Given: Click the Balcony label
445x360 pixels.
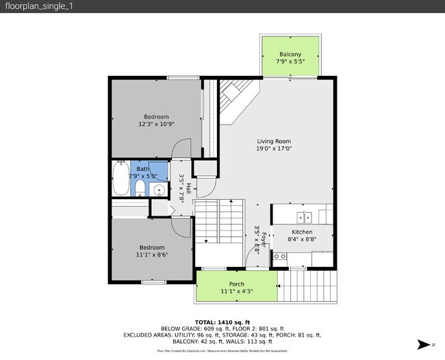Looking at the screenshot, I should [x=290, y=54].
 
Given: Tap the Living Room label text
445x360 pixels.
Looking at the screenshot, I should [x=274, y=142].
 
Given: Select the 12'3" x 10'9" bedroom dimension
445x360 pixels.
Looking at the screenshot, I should [x=156, y=125].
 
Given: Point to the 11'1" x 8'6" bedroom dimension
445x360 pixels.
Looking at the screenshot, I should [x=152, y=255].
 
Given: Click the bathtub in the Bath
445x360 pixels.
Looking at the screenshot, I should [x=120, y=179].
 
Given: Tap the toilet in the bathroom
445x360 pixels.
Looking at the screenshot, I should [x=140, y=188].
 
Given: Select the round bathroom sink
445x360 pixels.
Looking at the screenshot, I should [x=158, y=190].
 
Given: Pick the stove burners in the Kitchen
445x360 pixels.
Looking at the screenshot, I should [x=281, y=257].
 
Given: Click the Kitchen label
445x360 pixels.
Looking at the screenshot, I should [x=302, y=232].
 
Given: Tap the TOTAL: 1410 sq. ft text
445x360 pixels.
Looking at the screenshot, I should [x=222, y=322].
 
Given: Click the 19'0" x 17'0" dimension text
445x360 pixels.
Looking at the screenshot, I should [x=274, y=149].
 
